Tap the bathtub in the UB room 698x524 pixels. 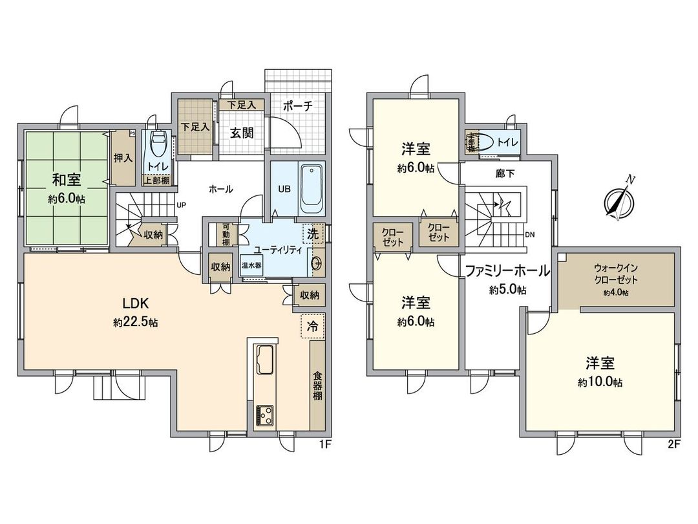click(311, 191)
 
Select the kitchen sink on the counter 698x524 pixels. click(265, 360)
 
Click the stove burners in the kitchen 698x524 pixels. click(264, 413)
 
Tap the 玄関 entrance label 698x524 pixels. click(242, 133)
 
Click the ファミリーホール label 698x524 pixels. click(507, 271)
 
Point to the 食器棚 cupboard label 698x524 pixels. click(317, 386)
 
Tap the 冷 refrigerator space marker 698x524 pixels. click(312, 327)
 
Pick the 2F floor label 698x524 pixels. click(673, 445)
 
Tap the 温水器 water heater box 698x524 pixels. click(251, 265)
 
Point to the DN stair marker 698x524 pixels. click(530, 234)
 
